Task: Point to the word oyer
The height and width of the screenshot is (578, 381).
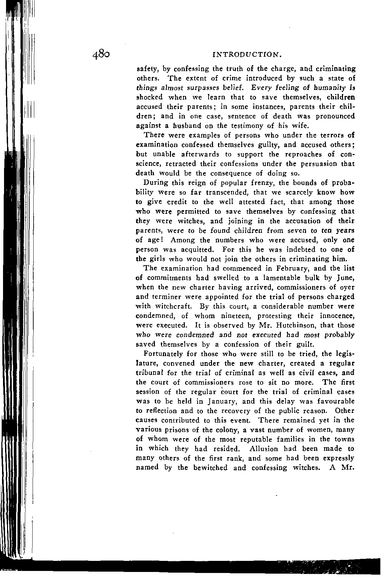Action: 346,287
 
